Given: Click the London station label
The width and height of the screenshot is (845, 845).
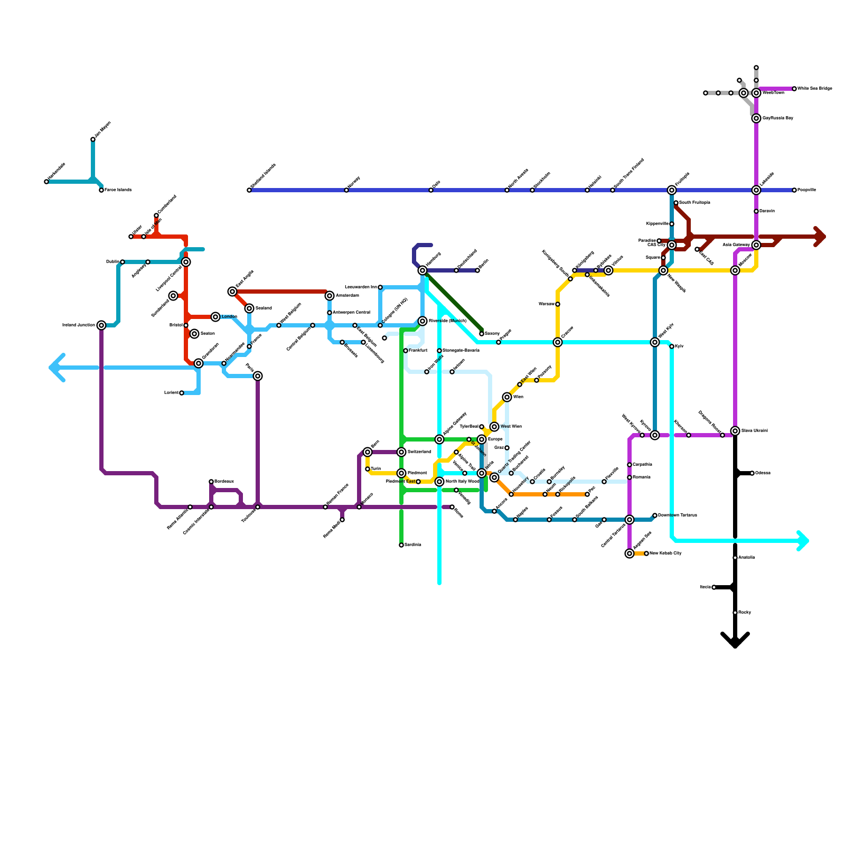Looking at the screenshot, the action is click(229, 317).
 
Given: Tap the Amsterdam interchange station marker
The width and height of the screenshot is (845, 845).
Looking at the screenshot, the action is click(330, 296).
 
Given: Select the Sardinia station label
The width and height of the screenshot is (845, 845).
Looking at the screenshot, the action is click(413, 544).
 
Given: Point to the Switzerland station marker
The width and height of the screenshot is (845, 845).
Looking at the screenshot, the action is click(401, 452).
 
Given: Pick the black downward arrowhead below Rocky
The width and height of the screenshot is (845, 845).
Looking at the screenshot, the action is click(735, 641).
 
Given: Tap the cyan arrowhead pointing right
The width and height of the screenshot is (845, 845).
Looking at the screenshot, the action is click(803, 541).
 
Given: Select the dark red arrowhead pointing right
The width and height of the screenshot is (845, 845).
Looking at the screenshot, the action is click(820, 237).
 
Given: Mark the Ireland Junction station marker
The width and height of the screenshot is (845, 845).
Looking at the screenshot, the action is click(101, 325).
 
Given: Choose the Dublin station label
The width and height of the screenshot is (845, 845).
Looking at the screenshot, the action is click(112, 261).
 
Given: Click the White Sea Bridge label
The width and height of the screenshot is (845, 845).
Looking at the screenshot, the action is click(815, 88).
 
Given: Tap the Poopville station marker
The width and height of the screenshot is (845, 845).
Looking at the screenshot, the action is click(794, 190).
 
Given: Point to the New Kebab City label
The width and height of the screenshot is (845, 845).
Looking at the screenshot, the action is click(665, 553).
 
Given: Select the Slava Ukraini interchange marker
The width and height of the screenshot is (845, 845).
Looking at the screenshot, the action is click(735, 431).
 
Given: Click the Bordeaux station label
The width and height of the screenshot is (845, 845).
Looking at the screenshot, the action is click(224, 481).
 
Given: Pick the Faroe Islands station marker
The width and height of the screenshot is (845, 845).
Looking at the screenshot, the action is click(101, 190).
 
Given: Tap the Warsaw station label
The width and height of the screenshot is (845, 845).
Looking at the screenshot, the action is click(546, 304).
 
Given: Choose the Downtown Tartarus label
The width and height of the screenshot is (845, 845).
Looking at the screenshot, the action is click(678, 515).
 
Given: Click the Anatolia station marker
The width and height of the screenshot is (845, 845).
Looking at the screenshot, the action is click(735, 558).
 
